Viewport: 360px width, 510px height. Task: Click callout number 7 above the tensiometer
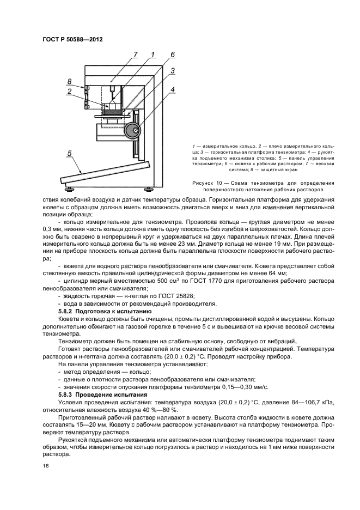[136, 54]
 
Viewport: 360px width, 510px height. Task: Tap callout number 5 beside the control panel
[70, 154]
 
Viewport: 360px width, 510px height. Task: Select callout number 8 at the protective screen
[70, 82]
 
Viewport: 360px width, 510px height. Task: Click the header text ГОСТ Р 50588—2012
[72, 39]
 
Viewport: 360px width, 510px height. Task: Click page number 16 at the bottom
[45, 466]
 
